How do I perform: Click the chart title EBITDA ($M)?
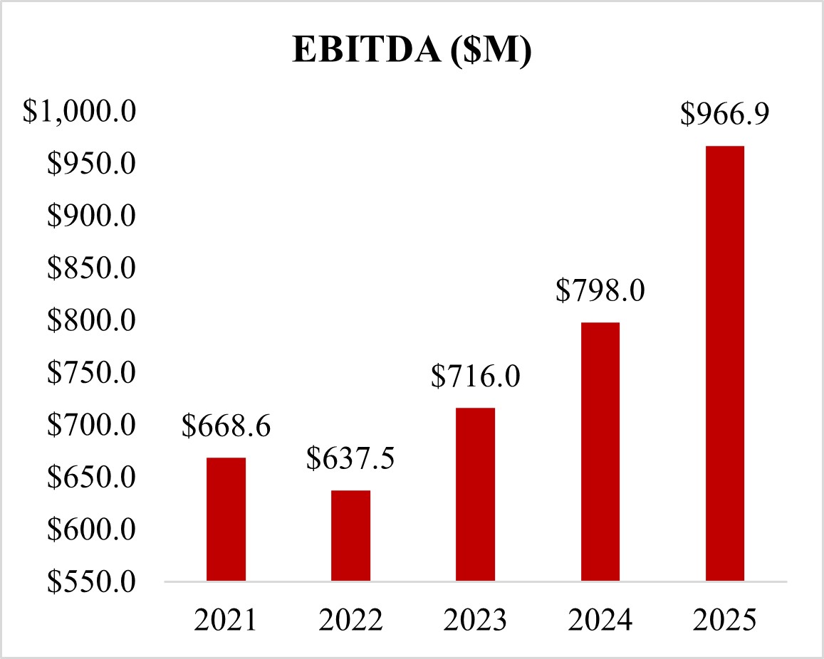(x=412, y=52)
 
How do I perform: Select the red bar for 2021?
(x=226, y=520)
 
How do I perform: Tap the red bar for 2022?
(x=350, y=536)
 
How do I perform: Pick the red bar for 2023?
(x=475, y=495)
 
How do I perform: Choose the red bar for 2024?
(x=600, y=452)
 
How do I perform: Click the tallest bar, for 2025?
(x=724, y=364)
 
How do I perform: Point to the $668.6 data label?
(x=226, y=426)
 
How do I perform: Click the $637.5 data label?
(x=350, y=459)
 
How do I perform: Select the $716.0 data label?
(x=475, y=376)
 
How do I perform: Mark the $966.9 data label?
(x=724, y=115)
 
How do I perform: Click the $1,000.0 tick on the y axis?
(x=80, y=112)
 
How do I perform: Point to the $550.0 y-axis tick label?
(x=90, y=582)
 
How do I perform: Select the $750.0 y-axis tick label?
(x=90, y=374)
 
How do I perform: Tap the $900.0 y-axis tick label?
(x=90, y=217)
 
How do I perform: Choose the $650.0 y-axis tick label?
(x=90, y=478)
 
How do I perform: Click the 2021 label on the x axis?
(x=226, y=620)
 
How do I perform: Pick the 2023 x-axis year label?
(x=475, y=620)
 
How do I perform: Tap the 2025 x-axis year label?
(x=724, y=620)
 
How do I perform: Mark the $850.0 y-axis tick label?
(x=90, y=269)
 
